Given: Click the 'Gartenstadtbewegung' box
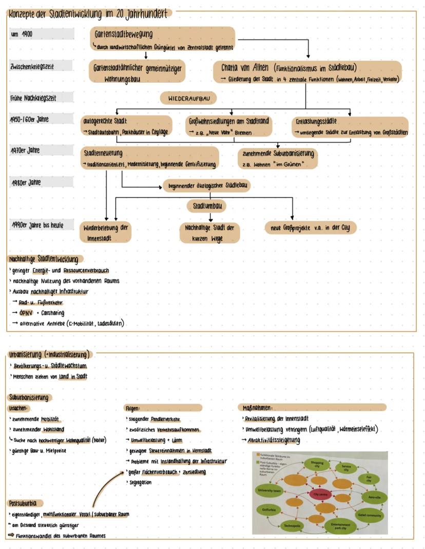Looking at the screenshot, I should coord(162,39).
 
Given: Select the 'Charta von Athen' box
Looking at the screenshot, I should coord(307,72).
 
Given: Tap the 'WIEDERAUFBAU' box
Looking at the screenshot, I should coord(188,98).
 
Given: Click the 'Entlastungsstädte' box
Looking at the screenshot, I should coord(349,127).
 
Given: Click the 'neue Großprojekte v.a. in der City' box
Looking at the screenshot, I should coord(310,227).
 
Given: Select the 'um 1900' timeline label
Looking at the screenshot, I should coord(41,34).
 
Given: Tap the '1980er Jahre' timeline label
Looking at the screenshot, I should coord(41,183).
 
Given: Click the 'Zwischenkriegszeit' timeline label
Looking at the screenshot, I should coord(41,67).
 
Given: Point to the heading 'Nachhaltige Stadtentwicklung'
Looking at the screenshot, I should coord(46,259).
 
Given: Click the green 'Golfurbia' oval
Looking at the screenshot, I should coord(269,509).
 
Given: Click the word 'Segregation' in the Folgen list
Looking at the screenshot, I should coord(140,482).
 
